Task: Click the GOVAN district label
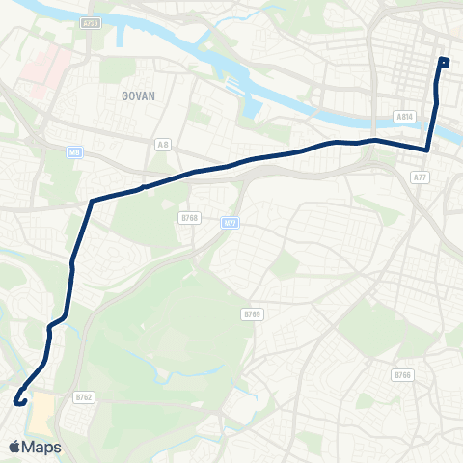139,96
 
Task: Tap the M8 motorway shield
74,151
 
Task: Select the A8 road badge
163,144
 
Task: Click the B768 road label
189,218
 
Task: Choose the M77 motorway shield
230,223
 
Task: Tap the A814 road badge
405,116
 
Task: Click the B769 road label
252,314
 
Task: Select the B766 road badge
402,374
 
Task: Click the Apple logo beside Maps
14,447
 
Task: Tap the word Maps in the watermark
41,447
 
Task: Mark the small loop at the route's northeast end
443,63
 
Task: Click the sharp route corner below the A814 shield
427,150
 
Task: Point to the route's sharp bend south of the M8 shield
92,201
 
